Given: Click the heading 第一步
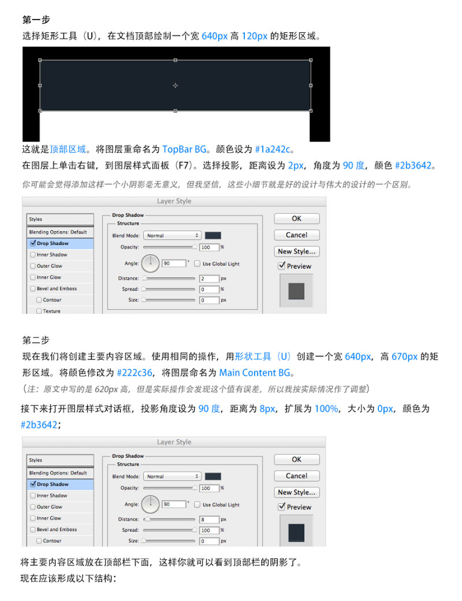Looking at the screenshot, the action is coord(36,20).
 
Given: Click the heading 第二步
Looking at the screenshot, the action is coord(36,340).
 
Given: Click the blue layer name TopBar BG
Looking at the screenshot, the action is coord(184,149).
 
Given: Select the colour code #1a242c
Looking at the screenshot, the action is coord(273,149).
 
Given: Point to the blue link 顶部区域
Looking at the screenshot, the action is coord(68,149).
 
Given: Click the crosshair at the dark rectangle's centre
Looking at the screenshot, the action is coord(175,86).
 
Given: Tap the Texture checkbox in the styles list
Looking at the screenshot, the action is coord(39,311).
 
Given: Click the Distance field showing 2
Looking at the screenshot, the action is coord(209,279).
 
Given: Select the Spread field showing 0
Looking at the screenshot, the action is coord(209,290).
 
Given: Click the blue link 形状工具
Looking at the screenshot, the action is coord(253,357).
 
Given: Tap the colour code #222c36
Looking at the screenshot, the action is coord(135,373).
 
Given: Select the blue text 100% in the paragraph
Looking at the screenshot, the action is coord(326,409).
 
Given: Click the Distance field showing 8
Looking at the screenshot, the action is coord(209,520).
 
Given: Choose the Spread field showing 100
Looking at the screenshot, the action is coord(209,530).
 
